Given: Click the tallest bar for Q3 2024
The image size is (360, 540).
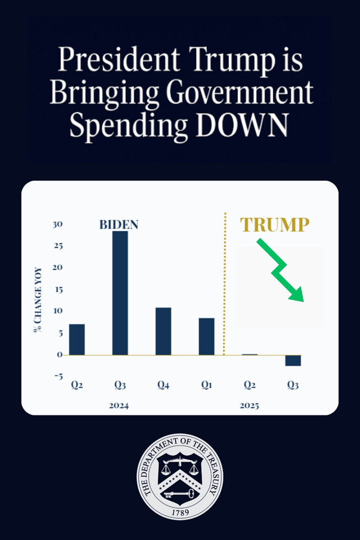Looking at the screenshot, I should (120, 293).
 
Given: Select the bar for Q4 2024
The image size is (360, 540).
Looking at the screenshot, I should (163, 331).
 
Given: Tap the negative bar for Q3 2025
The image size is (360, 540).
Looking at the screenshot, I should (293, 360).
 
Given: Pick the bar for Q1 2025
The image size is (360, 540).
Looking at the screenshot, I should (207, 336).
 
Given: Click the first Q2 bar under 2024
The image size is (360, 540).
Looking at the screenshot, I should (77, 339).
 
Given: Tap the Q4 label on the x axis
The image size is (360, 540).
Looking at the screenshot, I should (163, 386).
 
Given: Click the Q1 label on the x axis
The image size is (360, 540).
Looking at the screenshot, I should (207, 386).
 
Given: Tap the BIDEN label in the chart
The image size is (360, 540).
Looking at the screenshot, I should (119, 225).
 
